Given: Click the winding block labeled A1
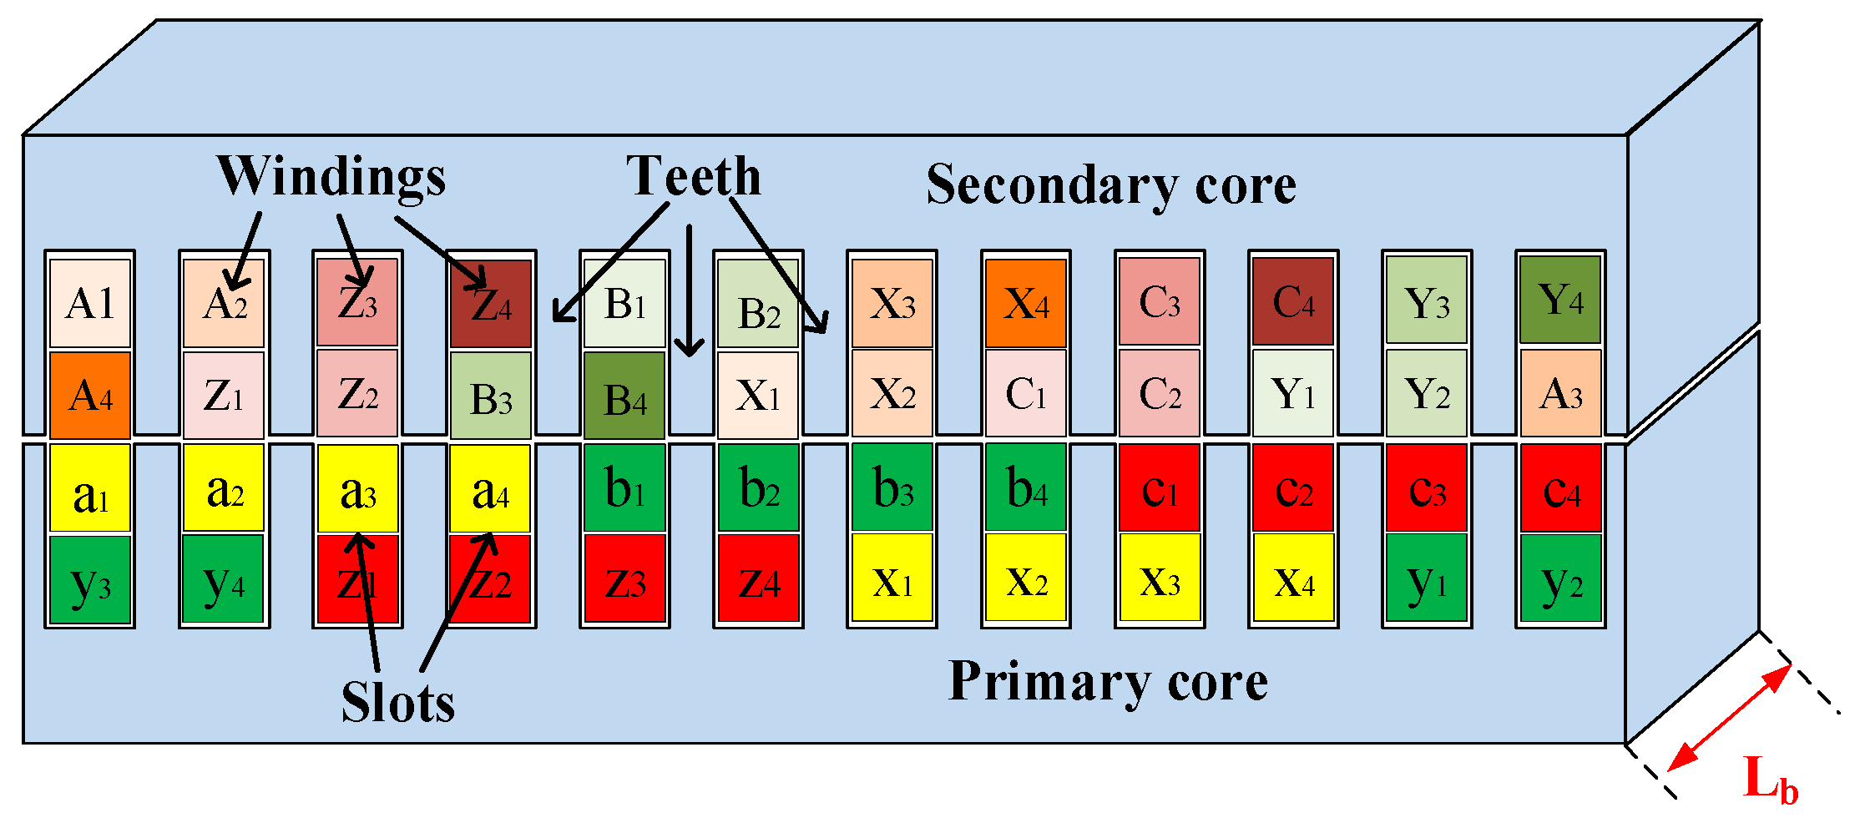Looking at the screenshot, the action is pos(90,303).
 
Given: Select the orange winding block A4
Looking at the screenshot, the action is pos(90,395).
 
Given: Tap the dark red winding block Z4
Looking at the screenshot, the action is pos(491,303).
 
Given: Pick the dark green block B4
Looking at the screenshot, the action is pos(624,396).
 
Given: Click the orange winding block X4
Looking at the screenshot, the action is pos(1026,303).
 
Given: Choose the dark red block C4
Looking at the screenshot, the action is pos(1293,301).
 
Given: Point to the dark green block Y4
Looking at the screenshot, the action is pos(1560,300).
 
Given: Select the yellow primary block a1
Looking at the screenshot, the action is pos(90,488).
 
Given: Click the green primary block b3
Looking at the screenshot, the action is pos(892,488).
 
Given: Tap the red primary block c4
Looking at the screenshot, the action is pos(1560,488).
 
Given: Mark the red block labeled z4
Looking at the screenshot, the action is pos(758,580).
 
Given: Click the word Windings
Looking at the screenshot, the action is pos(331,177).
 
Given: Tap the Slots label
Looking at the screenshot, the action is pos(398,702).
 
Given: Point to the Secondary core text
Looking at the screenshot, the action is pos(1111,184).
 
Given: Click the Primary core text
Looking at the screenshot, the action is pos(1108,681).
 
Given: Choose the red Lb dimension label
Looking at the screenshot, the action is pos(1771,780).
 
